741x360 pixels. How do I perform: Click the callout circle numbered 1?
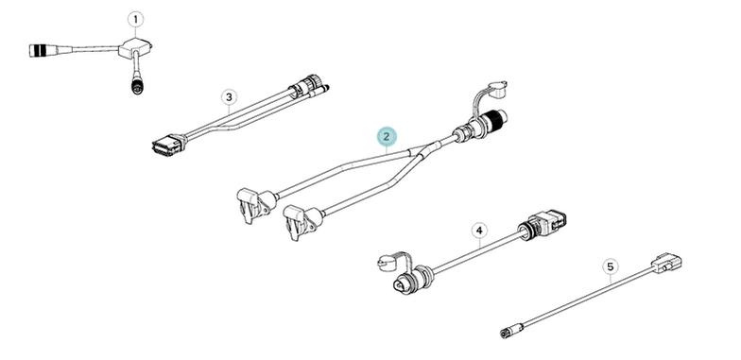pos(136,19)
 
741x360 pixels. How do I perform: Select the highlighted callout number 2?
pos(387,137)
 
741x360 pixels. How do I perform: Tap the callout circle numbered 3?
pos(229,98)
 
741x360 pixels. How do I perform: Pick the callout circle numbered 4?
pos(480,231)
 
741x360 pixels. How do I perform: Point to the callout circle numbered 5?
pos(611,266)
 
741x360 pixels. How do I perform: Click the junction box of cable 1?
pos(134,48)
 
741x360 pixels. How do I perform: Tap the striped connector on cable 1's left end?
pos(43,50)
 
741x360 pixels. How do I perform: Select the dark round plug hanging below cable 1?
pos(138,85)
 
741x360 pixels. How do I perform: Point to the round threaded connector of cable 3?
pos(304,85)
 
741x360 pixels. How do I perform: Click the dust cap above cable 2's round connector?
pos(497,90)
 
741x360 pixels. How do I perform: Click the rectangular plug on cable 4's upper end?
pos(543,222)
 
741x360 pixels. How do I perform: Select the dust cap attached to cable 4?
pos(387,263)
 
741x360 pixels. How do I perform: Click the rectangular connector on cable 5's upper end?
pos(666,263)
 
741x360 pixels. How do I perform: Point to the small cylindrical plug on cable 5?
pos(510,331)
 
